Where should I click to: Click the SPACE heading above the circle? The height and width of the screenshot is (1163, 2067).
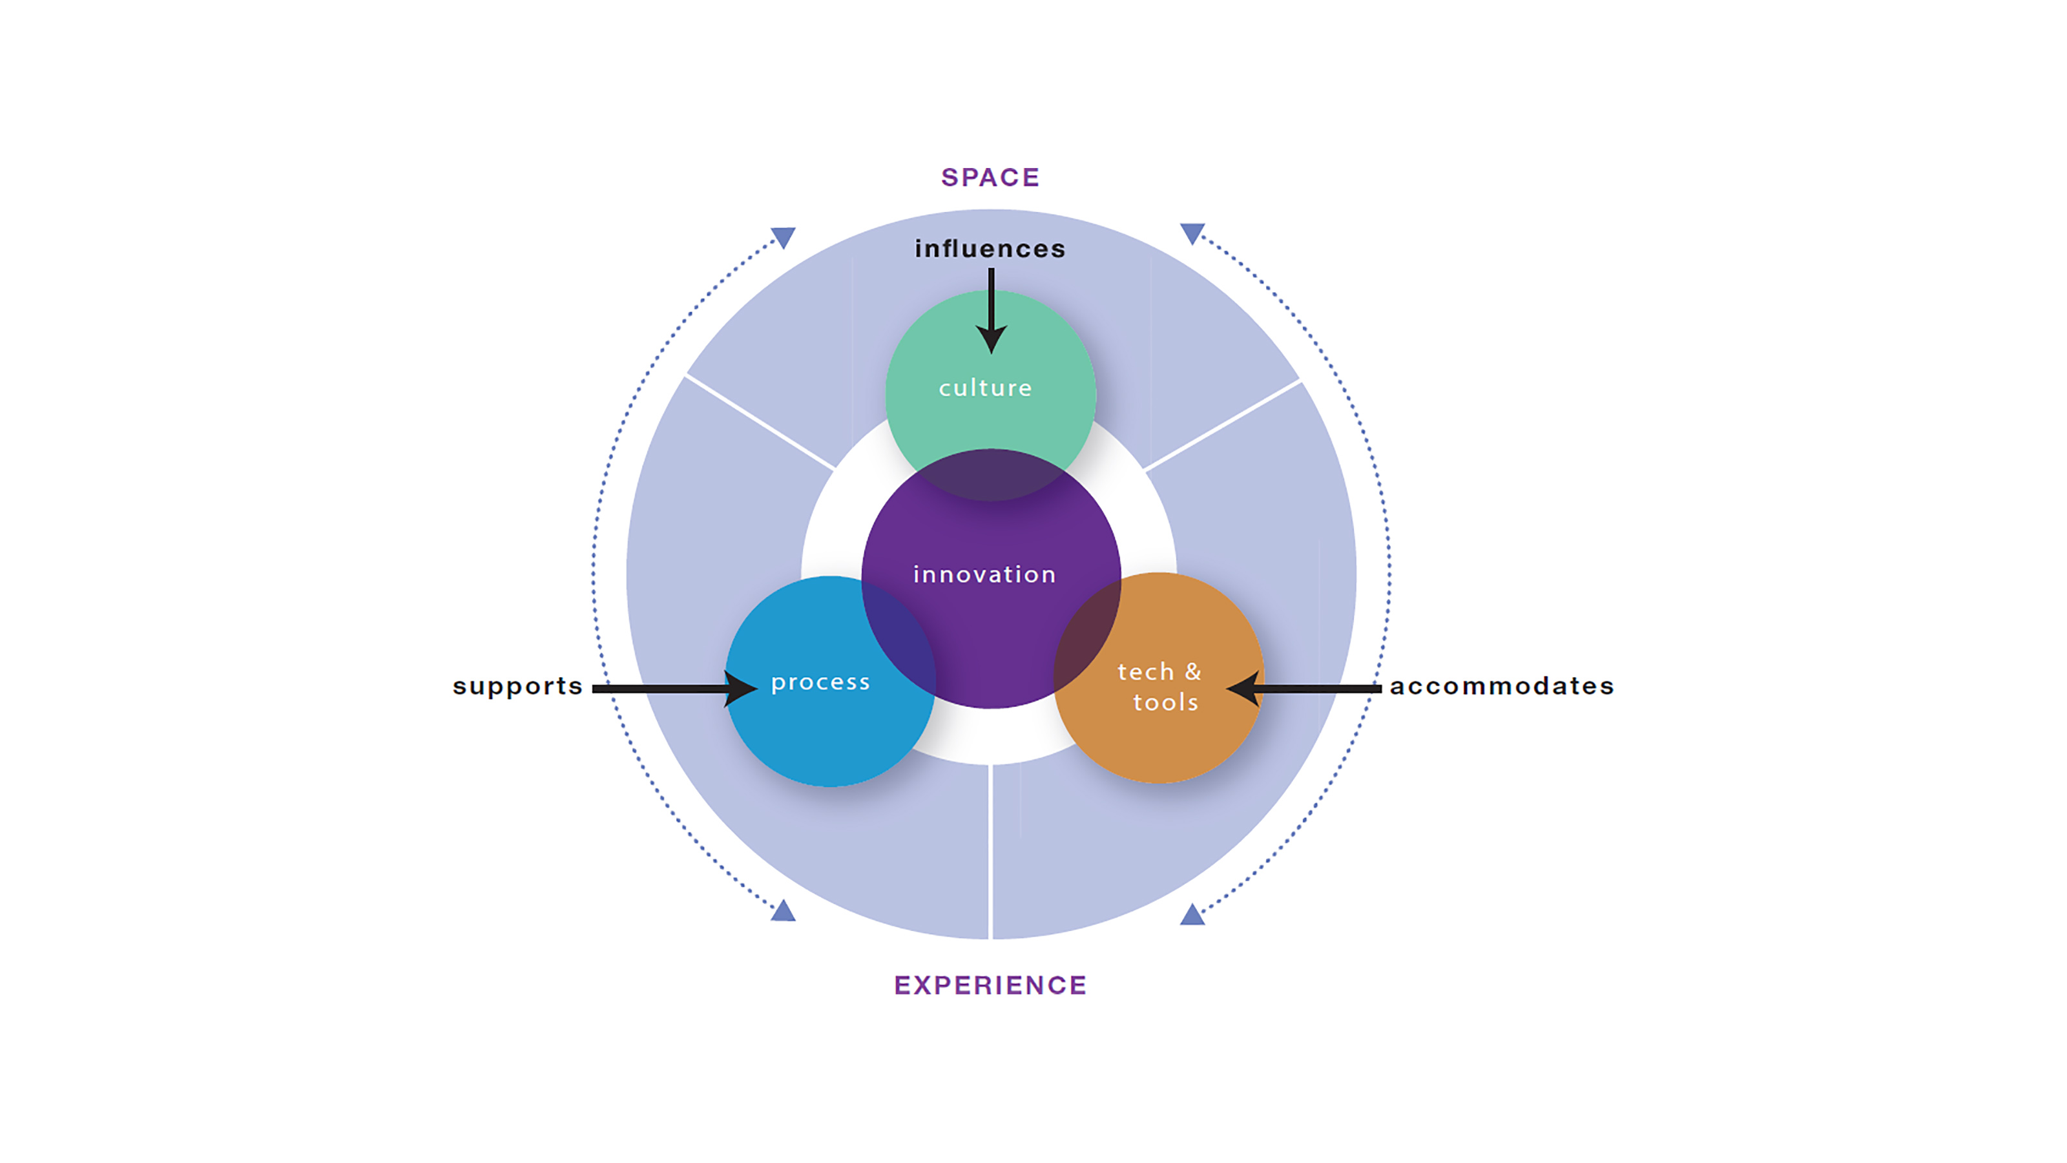[x=990, y=178]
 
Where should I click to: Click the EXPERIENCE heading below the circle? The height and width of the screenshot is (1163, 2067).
[x=990, y=985]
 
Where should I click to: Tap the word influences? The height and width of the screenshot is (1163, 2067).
[x=990, y=249]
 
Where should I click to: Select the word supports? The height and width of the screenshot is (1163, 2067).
[x=517, y=687]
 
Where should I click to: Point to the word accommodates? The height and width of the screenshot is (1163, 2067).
[x=1501, y=686]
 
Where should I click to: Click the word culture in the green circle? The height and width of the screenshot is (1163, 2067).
[x=985, y=388]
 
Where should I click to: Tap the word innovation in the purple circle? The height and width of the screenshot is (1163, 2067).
[x=984, y=574]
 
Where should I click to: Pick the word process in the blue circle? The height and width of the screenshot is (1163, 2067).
[x=820, y=682]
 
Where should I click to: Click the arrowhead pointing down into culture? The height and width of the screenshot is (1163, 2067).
[x=992, y=339]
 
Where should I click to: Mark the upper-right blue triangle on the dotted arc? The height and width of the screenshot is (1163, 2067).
[x=1192, y=233]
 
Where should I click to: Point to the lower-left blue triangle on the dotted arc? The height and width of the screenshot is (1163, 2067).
[x=783, y=912]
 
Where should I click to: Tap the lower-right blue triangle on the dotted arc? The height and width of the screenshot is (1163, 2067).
[x=1192, y=915]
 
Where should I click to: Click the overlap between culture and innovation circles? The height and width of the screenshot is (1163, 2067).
[x=991, y=475]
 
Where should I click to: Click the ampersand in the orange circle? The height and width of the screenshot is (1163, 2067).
[x=1193, y=671]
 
